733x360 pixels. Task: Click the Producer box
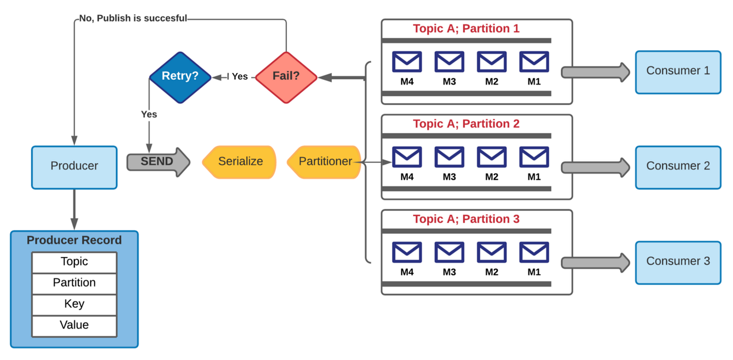click(x=74, y=166)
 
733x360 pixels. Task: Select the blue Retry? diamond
click(x=180, y=77)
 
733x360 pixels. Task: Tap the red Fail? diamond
click(x=286, y=77)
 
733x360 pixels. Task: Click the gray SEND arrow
click(x=158, y=162)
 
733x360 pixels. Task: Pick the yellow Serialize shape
click(x=240, y=162)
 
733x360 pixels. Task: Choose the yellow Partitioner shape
click(x=325, y=162)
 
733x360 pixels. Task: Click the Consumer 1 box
click(x=678, y=72)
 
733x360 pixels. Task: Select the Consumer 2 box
click(x=678, y=166)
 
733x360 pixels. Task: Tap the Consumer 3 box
click(x=678, y=262)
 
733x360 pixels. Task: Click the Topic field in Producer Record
click(x=74, y=262)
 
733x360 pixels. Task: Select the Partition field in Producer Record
click(x=74, y=283)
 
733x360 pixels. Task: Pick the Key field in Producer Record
click(x=74, y=305)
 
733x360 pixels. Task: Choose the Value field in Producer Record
click(x=74, y=325)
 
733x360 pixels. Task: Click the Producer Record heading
click(x=74, y=241)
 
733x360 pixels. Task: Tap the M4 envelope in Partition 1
click(x=407, y=62)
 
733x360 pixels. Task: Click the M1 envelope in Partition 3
click(x=534, y=253)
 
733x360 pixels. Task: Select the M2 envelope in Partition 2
click(x=492, y=157)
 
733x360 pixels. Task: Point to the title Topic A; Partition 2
click(x=466, y=124)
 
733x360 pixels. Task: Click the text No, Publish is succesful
click(x=133, y=18)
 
